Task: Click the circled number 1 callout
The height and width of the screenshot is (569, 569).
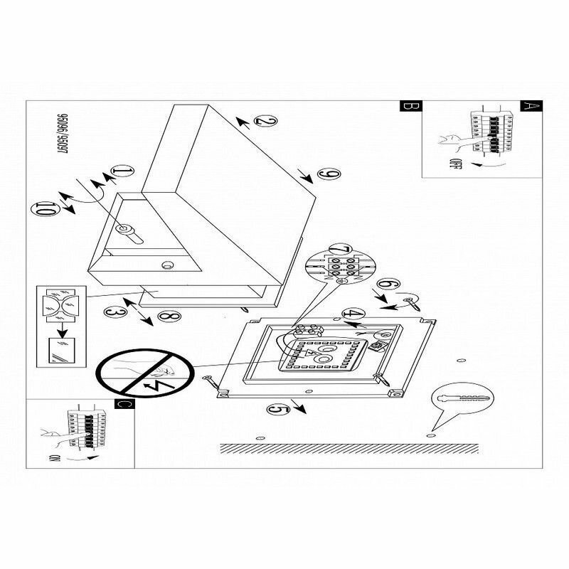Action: pyautogui.click(x=123, y=171)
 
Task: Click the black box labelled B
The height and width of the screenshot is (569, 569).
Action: pyautogui.click(x=409, y=107)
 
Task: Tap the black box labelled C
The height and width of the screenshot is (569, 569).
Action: pyautogui.click(x=124, y=405)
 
